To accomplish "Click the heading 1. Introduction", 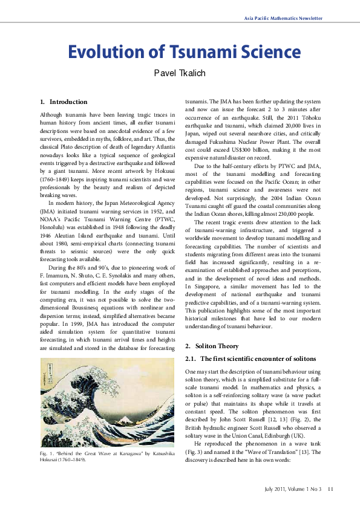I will [x=64, y=102].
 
